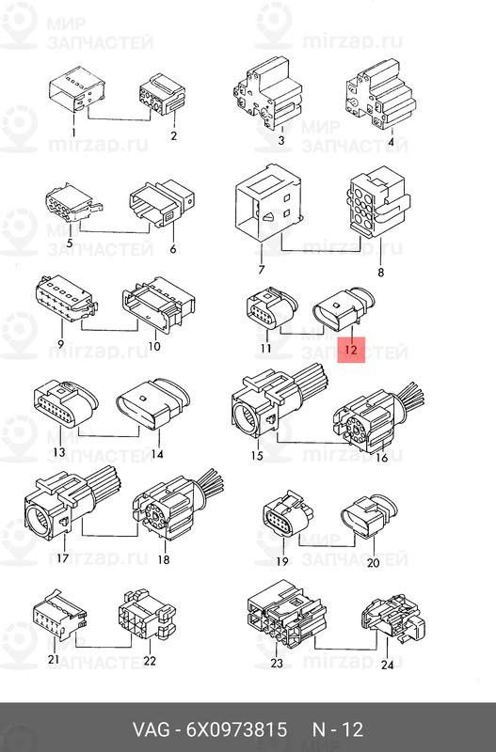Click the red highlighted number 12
point(351,350)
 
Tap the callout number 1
point(73,133)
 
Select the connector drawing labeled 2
point(162,95)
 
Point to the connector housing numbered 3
point(267,92)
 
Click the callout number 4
point(391,142)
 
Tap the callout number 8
point(381,273)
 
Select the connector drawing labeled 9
point(67,298)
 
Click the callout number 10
point(154,346)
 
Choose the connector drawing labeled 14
point(153,404)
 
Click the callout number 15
point(257,455)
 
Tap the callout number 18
point(164,559)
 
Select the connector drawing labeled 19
point(289,514)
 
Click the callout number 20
point(373,562)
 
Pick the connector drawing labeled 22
point(147,616)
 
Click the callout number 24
point(387,665)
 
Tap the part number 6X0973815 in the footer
point(236,729)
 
